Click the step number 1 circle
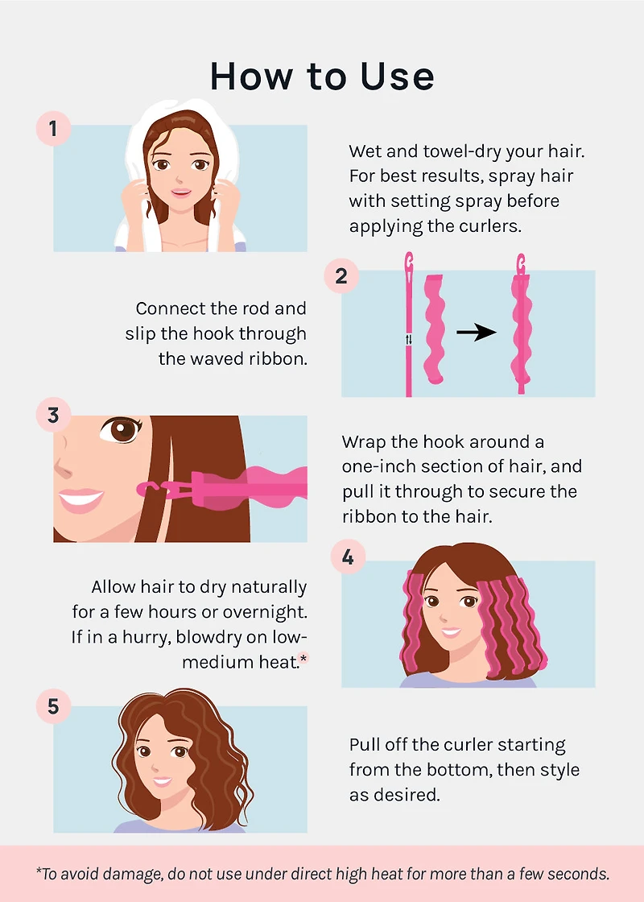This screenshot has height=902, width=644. coord(53,128)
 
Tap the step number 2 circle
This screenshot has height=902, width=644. coord(341,275)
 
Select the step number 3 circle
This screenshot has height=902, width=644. coord(53,415)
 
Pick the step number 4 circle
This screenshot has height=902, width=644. coord(348,557)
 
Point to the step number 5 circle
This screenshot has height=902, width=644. coord(53,705)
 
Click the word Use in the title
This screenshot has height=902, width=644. coord(398,77)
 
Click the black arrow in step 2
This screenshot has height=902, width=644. coord(476,332)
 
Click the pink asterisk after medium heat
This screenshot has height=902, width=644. coord(304,657)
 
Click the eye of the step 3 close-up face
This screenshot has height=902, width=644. coord(122,429)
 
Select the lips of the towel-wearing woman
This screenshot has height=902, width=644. coord(180,192)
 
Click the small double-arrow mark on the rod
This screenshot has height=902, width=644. coord(409,340)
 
